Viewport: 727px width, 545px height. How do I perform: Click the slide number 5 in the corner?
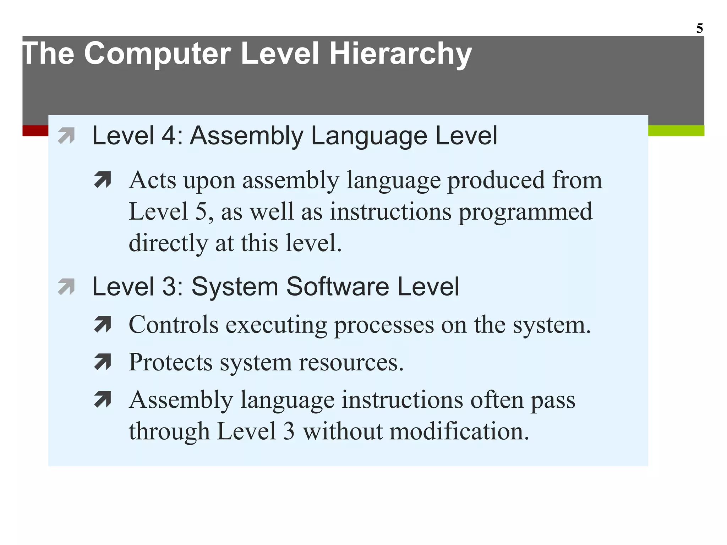699,28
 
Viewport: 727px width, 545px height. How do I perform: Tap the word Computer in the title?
158,54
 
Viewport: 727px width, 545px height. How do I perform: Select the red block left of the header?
35,131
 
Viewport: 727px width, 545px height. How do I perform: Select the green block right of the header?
676,131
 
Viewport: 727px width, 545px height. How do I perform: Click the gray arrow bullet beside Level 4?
66,136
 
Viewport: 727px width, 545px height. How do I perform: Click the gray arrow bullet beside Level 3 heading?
66,287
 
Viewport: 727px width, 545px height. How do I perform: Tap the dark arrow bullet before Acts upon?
103,180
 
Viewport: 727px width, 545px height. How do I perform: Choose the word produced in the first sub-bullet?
496,180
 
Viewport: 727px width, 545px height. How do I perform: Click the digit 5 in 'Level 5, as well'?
201,212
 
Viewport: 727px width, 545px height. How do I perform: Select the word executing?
276,325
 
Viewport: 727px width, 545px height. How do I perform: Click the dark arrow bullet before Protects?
103,362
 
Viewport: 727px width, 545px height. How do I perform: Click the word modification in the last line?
459,431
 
